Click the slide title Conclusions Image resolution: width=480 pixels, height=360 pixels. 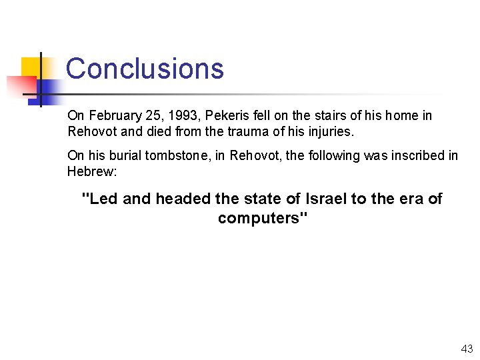pos(145,69)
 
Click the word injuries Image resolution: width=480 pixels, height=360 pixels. pos(331,132)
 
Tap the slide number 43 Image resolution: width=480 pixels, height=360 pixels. pos(466,349)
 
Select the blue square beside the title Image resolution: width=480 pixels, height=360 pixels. pos(48,87)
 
